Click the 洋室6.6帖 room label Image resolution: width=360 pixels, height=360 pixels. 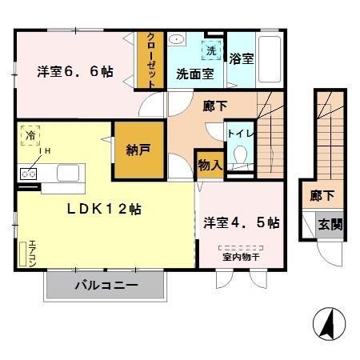coord(74,72)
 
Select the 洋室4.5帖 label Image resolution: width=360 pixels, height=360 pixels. coord(241,223)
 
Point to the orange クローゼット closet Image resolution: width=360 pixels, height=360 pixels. coord(149,60)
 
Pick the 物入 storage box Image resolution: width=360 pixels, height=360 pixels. coord(208,164)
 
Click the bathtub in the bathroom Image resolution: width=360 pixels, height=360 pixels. coord(270,58)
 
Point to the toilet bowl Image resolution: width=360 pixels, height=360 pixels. coord(238,158)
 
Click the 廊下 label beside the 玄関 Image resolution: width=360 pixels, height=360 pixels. coord(322,195)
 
